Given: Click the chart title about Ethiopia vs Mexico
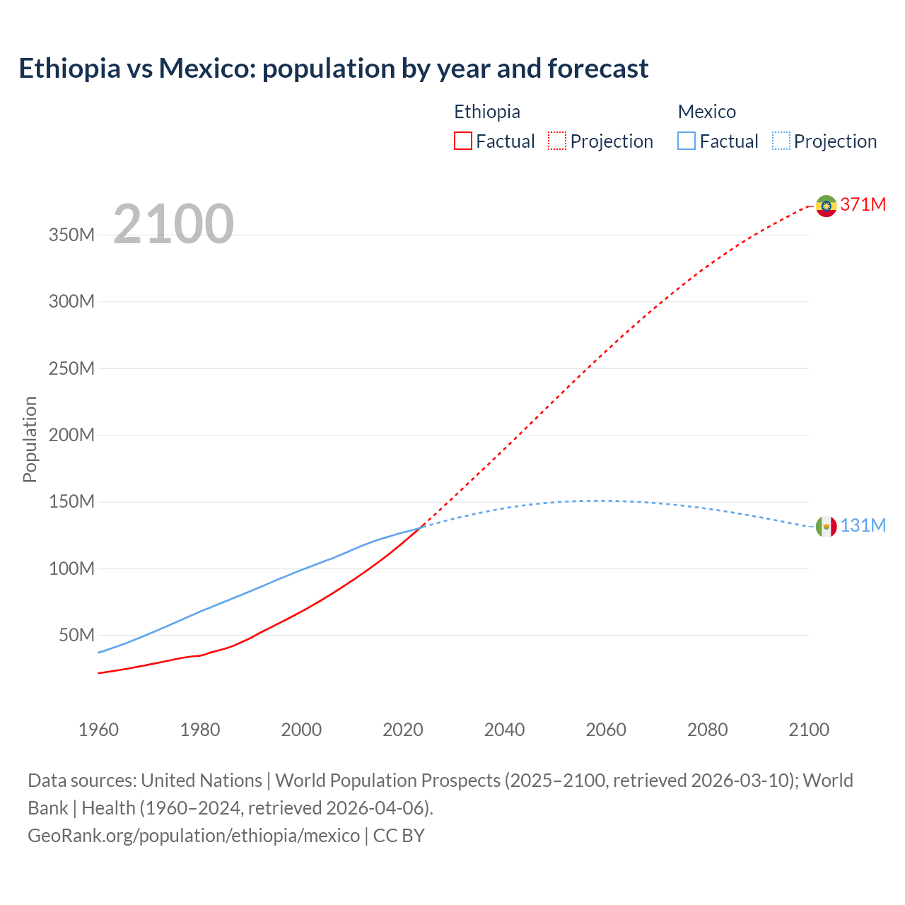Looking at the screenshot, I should tap(333, 69).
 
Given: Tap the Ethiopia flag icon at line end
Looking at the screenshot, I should tap(826, 206).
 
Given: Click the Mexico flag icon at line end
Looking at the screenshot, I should tap(826, 527).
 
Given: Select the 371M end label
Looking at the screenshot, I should tap(863, 204).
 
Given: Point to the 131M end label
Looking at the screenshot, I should tap(863, 525).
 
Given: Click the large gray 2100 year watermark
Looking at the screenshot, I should tap(173, 224).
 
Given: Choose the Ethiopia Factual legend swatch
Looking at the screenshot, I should tap(462, 141).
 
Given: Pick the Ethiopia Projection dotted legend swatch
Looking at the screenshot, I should tap(557, 141).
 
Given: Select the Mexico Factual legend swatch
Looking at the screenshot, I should tap(686, 141).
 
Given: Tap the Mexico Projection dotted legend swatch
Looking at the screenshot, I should tap(781, 141).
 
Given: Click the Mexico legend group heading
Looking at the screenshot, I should tap(706, 112).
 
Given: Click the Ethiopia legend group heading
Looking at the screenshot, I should tap(486, 112).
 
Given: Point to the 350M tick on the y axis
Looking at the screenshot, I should tap(71, 235).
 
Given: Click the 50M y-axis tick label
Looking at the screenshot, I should tap(76, 635).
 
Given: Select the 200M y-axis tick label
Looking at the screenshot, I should tap(71, 435).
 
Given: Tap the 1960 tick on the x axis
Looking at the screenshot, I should tap(98, 730).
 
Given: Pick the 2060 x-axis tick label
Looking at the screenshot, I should tap(606, 730).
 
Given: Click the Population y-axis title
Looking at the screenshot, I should tap(30, 439).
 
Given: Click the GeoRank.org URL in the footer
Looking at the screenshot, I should tap(194, 836).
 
